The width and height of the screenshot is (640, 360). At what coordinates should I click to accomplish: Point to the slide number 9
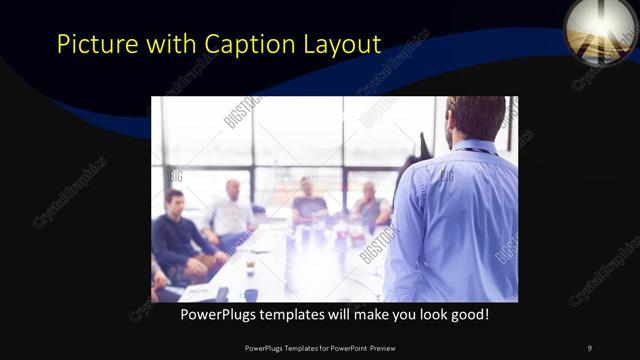tap(589, 347)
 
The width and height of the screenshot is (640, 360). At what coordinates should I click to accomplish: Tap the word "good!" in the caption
tap(467, 314)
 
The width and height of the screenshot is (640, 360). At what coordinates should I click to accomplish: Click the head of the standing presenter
tap(476, 117)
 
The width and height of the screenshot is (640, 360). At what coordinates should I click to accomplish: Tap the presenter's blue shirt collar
tap(479, 146)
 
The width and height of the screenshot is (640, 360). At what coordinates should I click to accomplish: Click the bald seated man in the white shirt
tap(232, 212)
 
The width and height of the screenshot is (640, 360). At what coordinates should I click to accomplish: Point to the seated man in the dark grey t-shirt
tap(309, 204)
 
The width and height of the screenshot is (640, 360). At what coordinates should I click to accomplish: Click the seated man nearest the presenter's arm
tap(370, 208)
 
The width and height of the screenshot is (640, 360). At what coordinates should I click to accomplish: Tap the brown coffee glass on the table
tap(250, 265)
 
